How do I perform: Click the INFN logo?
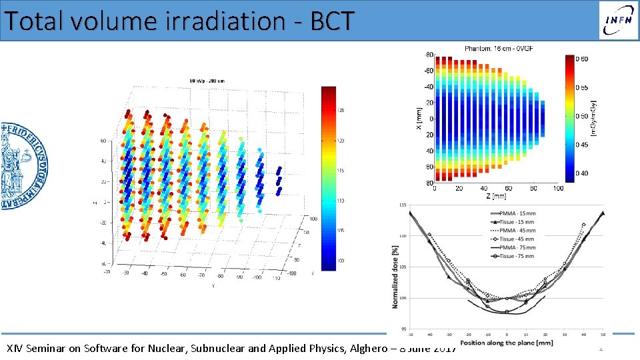click(x=617, y=20)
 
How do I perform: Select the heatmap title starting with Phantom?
click(x=499, y=48)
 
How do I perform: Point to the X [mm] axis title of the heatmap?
click(x=418, y=118)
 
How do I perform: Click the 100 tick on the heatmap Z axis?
click(x=557, y=189)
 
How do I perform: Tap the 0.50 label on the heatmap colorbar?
click(x=581, y=116)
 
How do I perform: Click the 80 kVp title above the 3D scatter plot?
click(x=207, y=81)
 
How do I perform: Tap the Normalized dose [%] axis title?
click(x=395, y=274)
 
